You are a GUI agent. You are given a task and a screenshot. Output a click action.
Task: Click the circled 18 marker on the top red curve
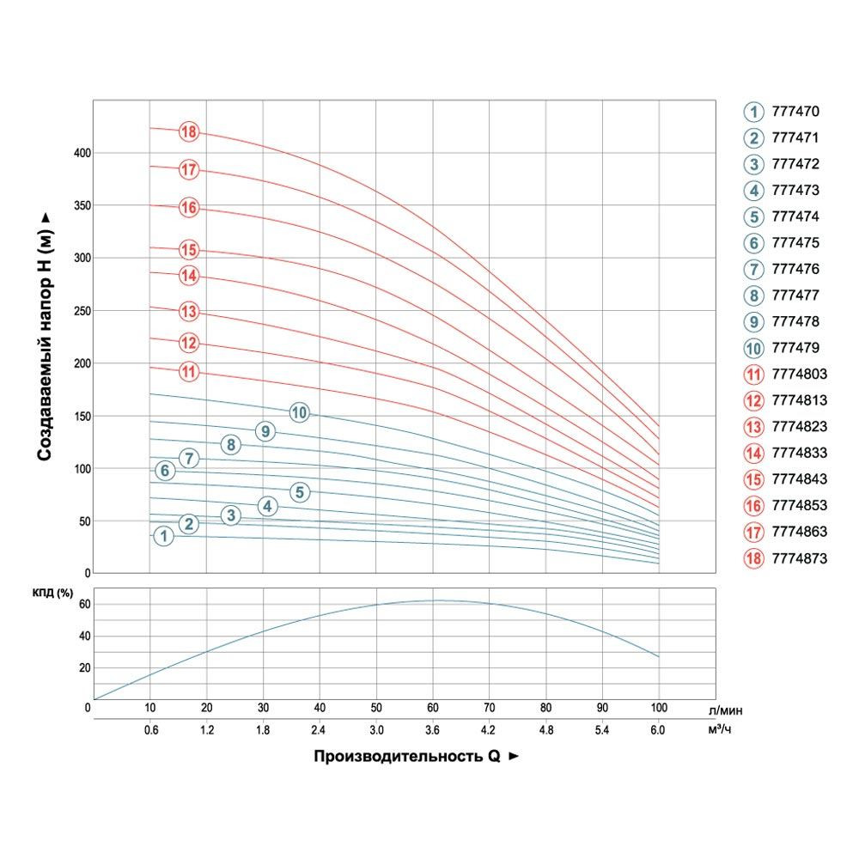189,132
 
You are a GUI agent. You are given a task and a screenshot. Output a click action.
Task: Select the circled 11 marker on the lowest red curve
189,372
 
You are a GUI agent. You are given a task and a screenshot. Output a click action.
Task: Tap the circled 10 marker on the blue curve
299,412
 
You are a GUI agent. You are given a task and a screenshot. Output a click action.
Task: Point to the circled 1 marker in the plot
163,536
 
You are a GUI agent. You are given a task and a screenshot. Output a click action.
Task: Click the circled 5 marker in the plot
299,492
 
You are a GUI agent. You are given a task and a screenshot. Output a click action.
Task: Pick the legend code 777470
795,112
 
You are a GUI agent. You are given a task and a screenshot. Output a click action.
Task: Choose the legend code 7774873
799,558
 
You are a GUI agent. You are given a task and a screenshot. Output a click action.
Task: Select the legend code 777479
795,348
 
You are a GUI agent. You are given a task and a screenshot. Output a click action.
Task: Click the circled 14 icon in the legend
753,454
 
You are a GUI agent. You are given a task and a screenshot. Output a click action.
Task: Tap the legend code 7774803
799,375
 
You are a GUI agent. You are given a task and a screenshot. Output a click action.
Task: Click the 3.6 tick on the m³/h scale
432,730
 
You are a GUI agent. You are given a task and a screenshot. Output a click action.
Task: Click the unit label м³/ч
721,730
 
